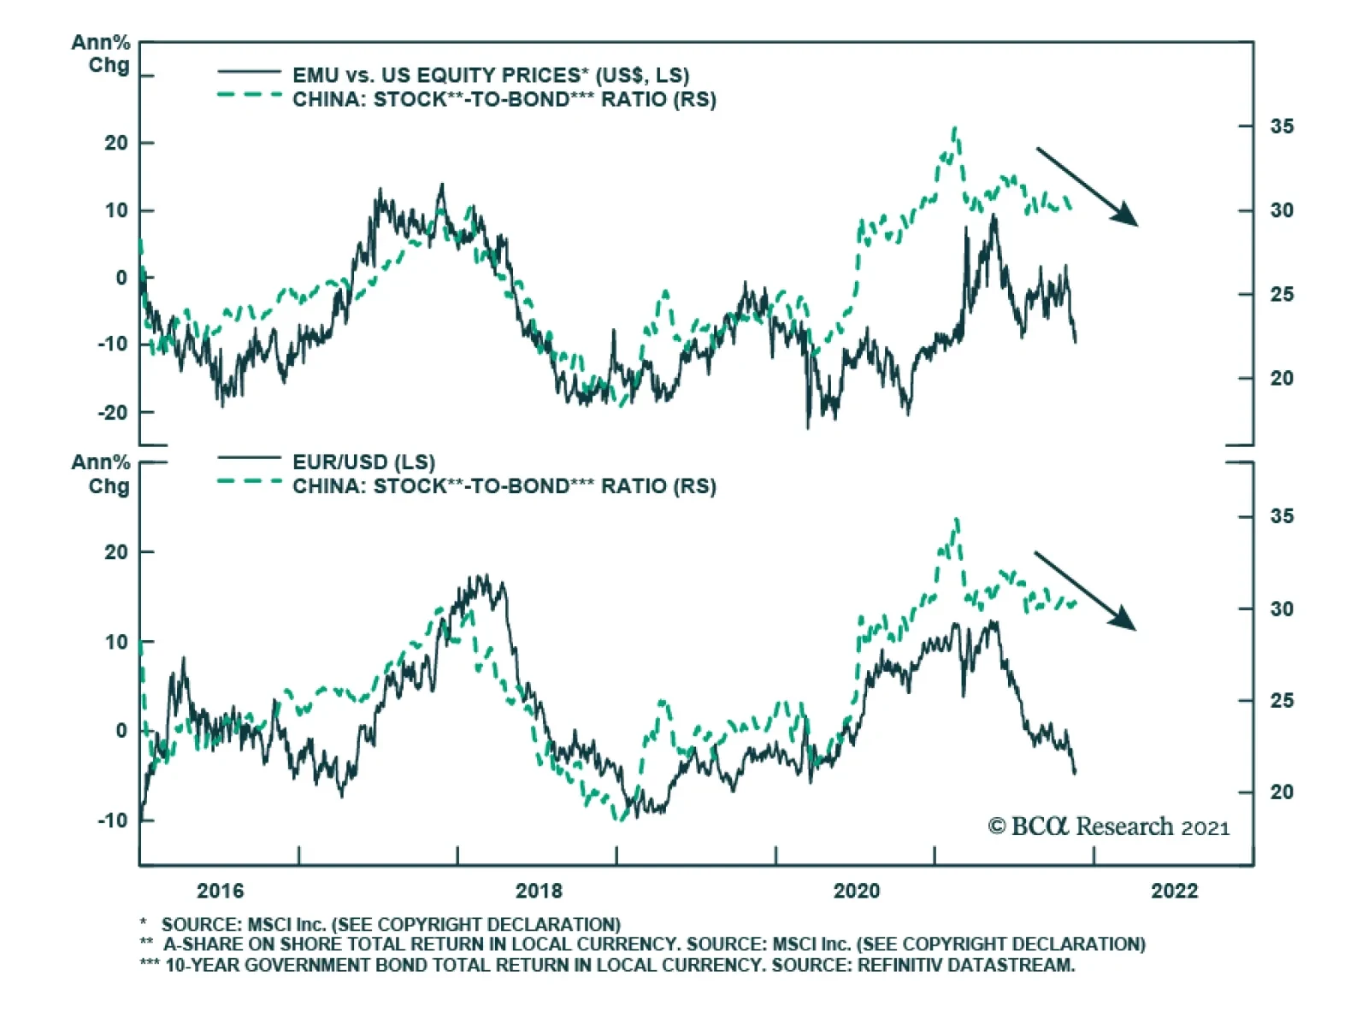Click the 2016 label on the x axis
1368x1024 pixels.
pyautogui.click(x=220, y=891)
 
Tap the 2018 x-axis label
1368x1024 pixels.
pyautogui.click(x=539, y=891)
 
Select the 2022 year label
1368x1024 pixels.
pyautogui.click(x=1174, y=891)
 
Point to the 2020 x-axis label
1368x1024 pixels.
pyautogui.click(x=856, y=891)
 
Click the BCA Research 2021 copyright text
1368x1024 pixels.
pyautogui.click(x=1109, y=827)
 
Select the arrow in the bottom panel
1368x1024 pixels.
pyautogui.click(x=1085, y=591)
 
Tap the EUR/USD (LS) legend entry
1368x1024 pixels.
pyautogui.click(x=363, y=462)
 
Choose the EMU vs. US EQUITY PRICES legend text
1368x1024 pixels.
pyautogui.click(x=490, y=75)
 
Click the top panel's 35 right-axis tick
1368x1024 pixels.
pyautogui.click(x=1282, y=127)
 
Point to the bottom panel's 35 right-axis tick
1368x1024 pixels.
pyautogui.click(x=1282, y=516)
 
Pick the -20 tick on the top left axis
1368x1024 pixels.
pyautogui.click(x=112, y=413)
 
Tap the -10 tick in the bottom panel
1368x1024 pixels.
pyautogui.click(x=112, y=821)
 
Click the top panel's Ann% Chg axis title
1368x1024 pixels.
pyautogui.click(x=101, y=53)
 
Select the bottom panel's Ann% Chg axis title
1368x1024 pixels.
pyautogui.click(x=101, y=474)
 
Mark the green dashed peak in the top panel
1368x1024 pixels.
pyautogui.click(x=955, y=130)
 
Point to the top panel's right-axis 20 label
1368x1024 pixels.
pyautogui.click(x=1282, y=378)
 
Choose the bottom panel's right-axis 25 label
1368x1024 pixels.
pyautogui.click(x=1282, y=701)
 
